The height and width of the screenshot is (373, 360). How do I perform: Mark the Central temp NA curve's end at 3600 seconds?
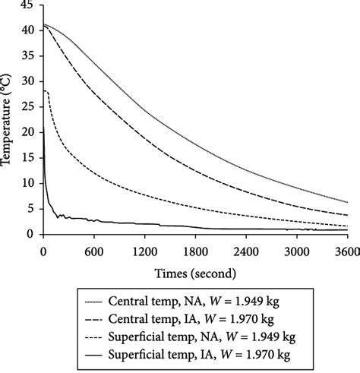pyautogui.click(x=347, y=202)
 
